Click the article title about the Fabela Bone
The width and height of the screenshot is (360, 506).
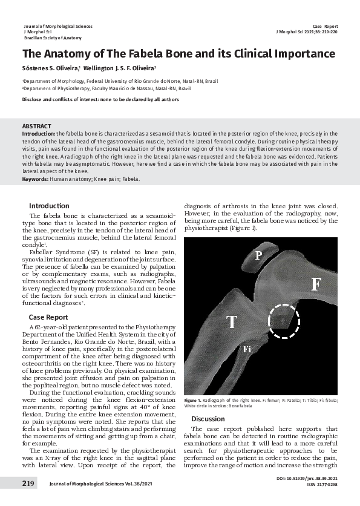click(178, 54)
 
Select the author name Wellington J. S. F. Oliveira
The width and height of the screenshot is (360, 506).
click(120, 68)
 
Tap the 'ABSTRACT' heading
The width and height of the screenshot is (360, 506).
click(36, 125)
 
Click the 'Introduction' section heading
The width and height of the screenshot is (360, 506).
click(49, 206)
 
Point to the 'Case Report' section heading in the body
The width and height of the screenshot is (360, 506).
click(48, 317)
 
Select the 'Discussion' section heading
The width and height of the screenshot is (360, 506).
click(208, 419)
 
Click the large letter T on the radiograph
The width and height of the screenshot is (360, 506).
click(232, 322)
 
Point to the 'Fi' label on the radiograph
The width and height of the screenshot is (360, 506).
click(247, 349)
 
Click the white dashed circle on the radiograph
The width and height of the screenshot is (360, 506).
click(283, 321)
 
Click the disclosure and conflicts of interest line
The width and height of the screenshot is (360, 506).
click(100, 99)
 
